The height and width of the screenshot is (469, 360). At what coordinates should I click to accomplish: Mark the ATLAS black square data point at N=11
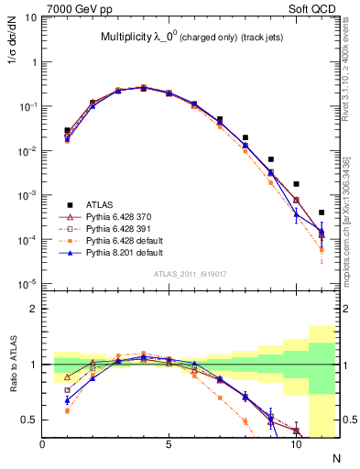tap(322, 213)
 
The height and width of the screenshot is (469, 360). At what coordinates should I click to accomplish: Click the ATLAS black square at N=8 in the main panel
tap(245, 137)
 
